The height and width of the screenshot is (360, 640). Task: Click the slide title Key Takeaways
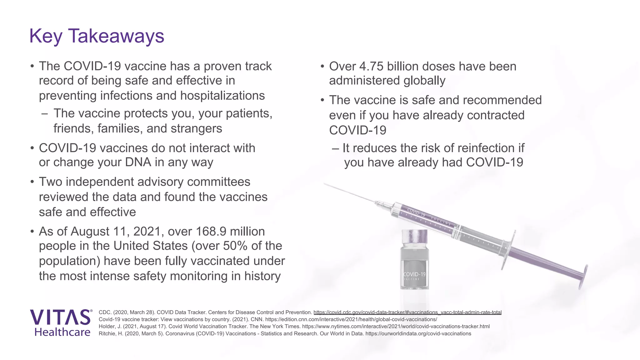(97, 36)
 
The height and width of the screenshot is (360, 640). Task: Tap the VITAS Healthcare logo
(61, 323)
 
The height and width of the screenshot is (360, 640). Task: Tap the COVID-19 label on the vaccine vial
(414, 274)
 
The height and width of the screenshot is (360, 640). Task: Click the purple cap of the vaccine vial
(414, 237)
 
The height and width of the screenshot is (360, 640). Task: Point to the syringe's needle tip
(325, 184)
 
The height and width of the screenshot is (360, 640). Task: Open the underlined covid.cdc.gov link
(407, 312)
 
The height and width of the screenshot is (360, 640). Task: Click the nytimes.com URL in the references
(396, 326)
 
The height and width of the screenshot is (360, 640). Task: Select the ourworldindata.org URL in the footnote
(418, 333)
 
